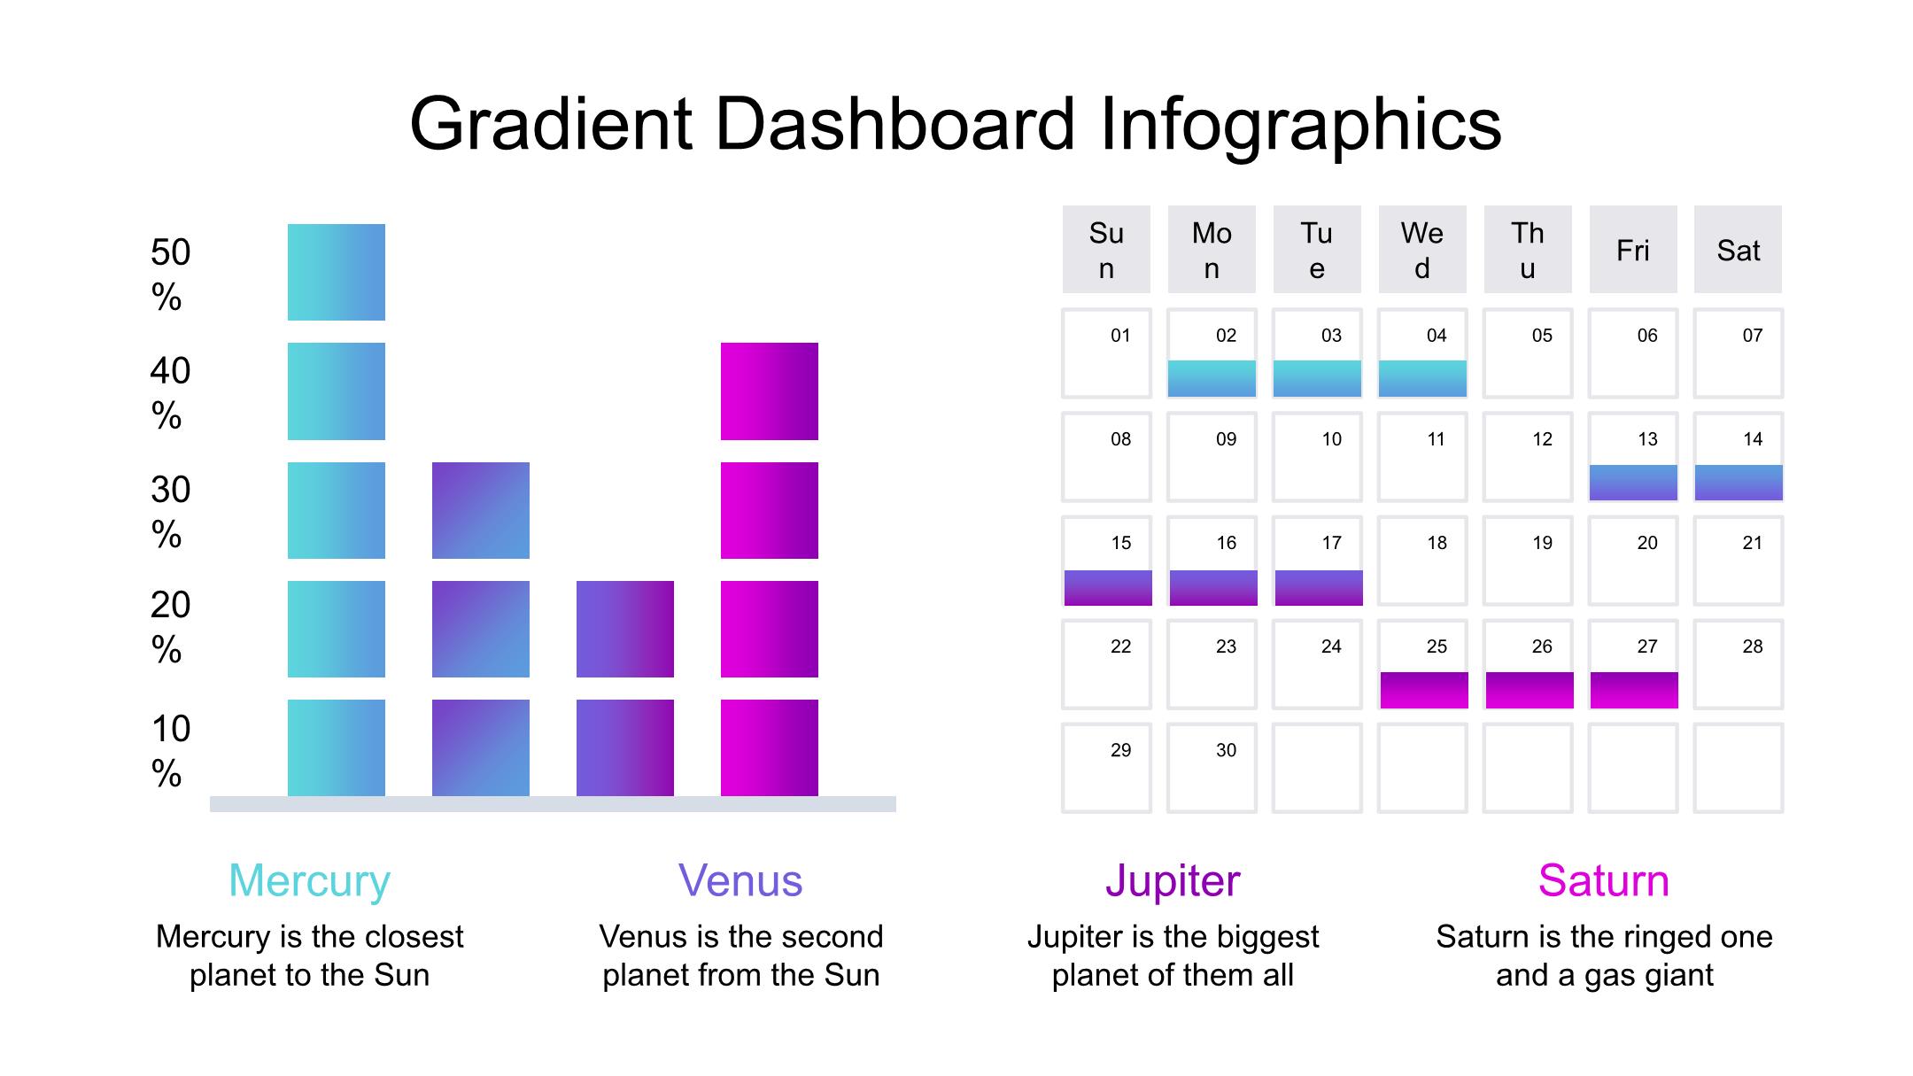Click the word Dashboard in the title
pos(895,124)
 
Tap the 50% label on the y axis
pos(170,275)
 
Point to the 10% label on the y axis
pos(170,751)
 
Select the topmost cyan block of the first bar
pos(337,272)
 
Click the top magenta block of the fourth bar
pos(770,391)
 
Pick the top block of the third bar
pos(625,629)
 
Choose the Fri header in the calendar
pos(1633,250)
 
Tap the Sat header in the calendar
pos(1739,250)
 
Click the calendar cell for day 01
pos(1107,353)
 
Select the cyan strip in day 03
pos(1317,378)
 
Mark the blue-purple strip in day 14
pos(1739,483)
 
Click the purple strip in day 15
pos(1108,588)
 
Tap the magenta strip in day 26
pos(1530,690)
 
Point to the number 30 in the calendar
pos(1226,750)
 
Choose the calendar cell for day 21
pos(1739,561)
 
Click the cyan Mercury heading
pos(309,881)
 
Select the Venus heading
pos(740,880)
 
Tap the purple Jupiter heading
pos(1173,881)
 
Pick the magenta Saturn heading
pos(1604,880)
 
